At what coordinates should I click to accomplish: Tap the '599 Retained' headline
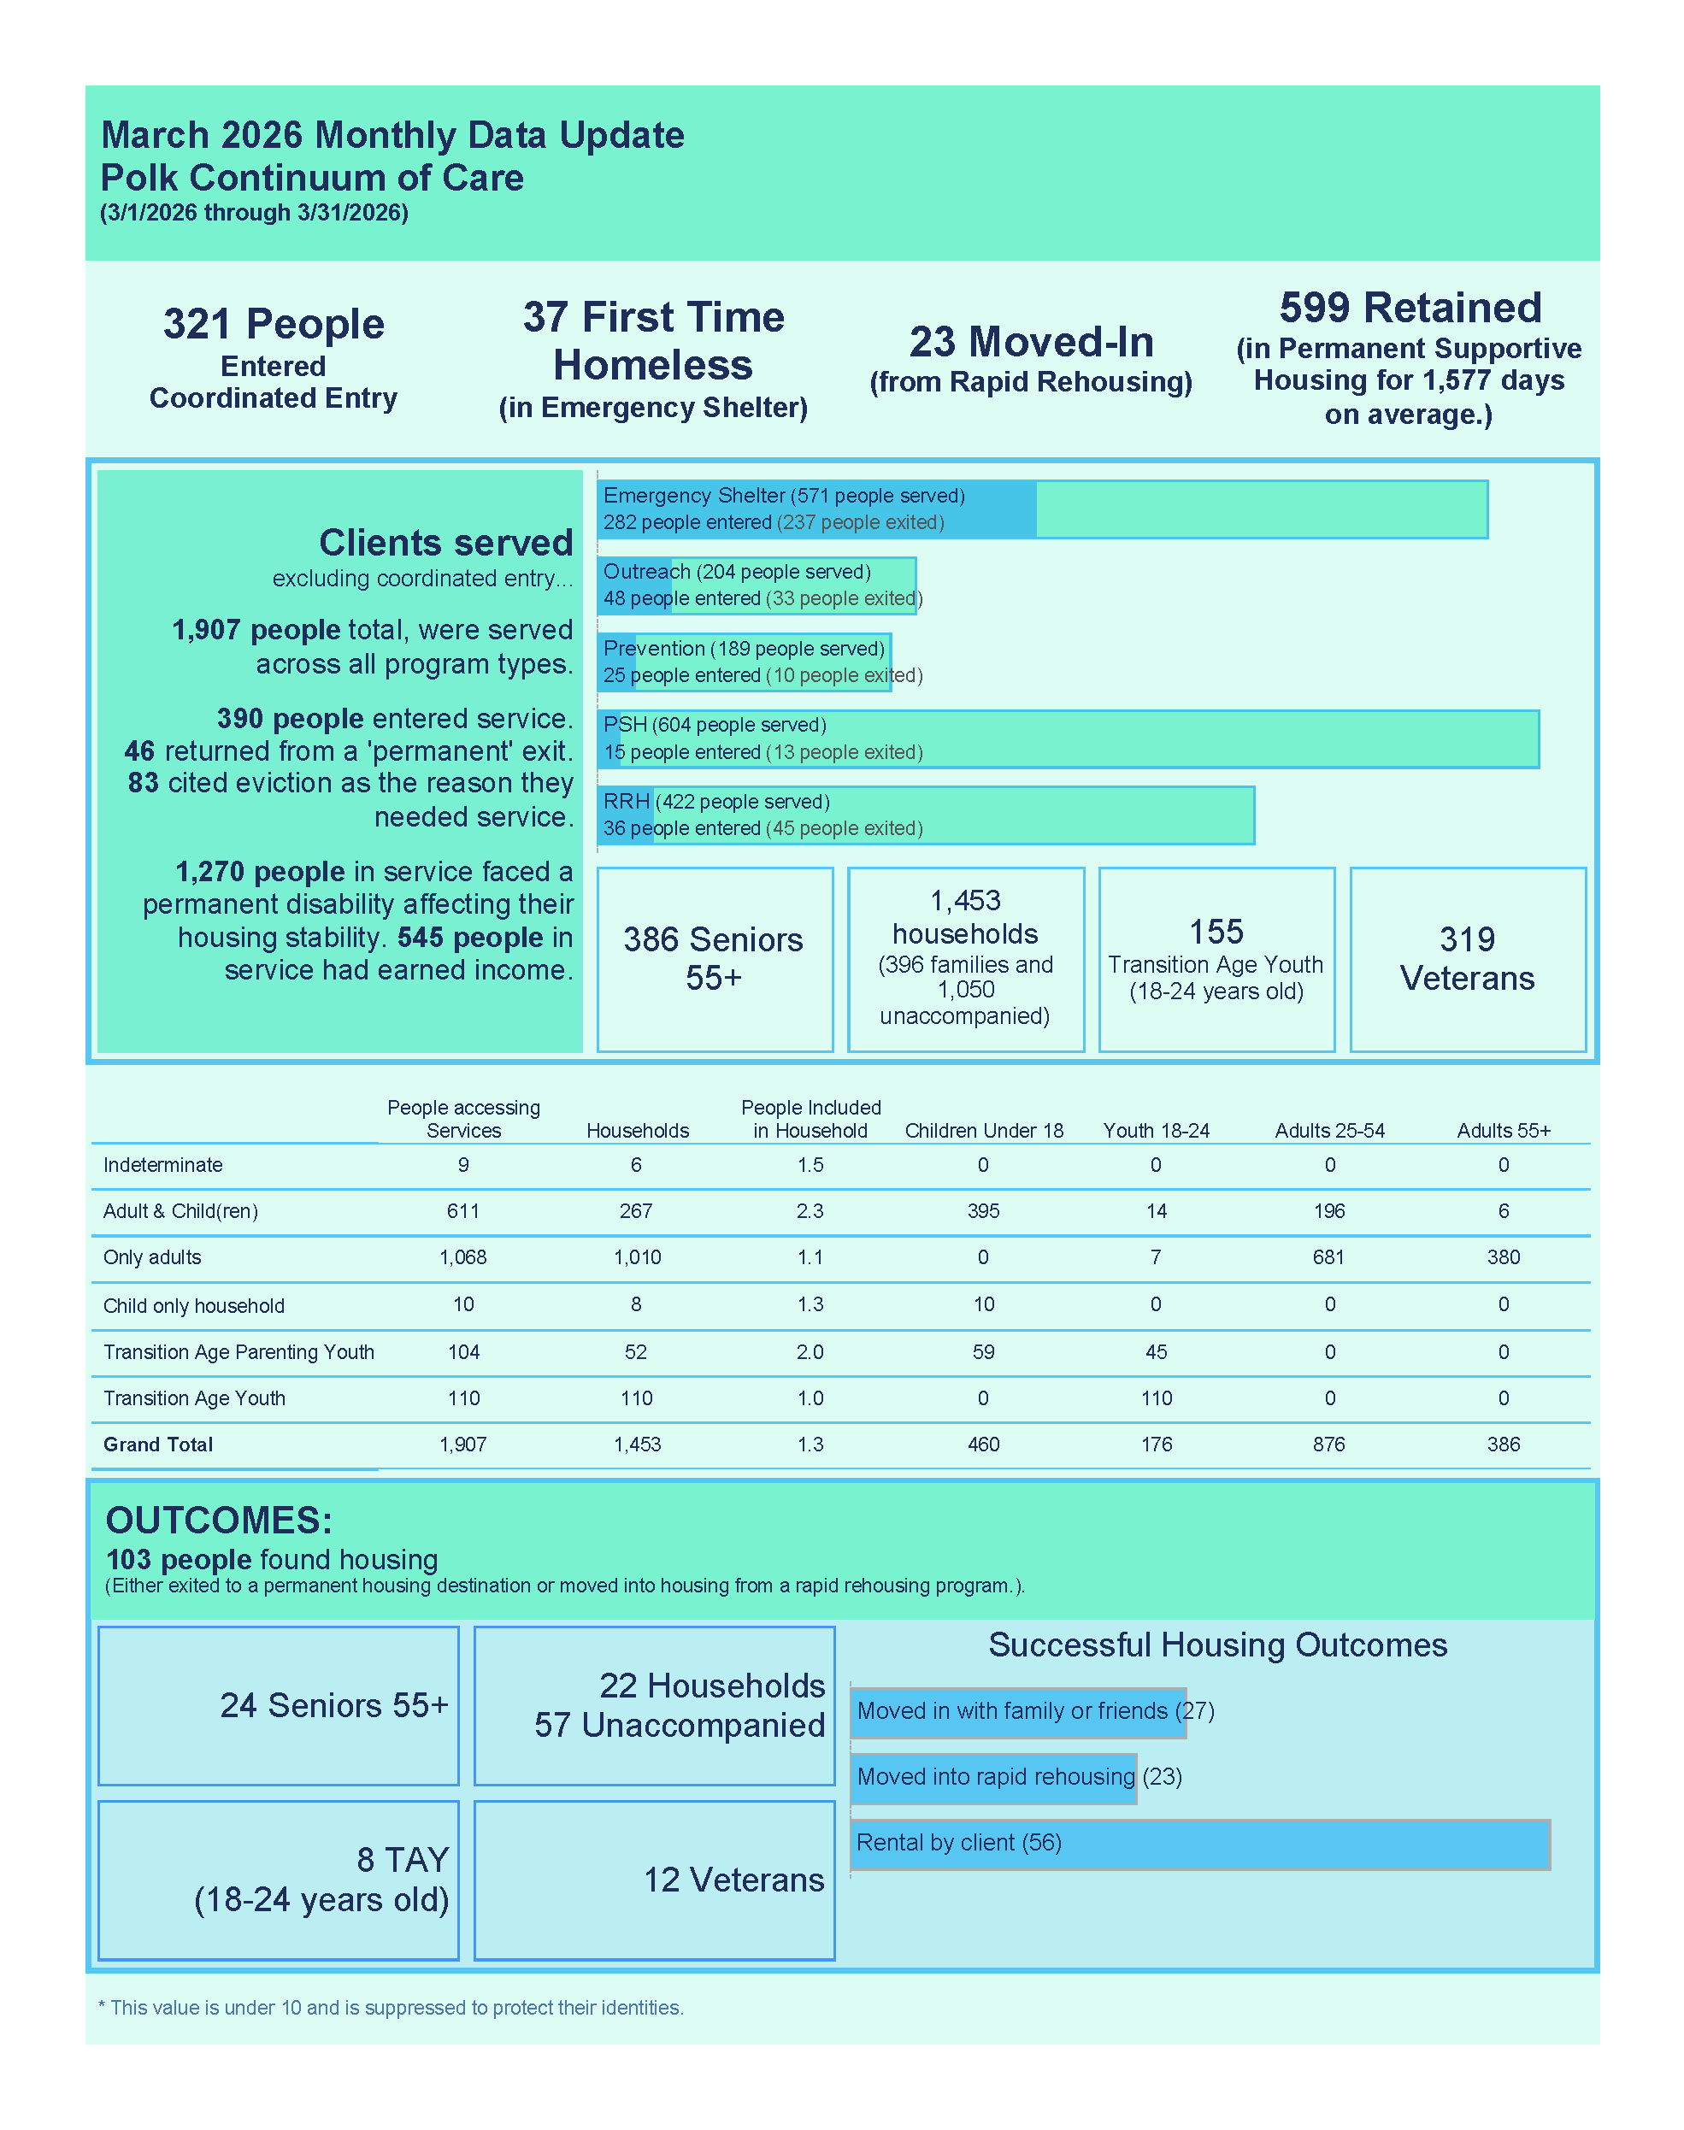click(1409, 308)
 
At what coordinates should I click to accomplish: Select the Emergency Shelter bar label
click(784, 496)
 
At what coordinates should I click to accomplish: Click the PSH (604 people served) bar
click(1067, 738)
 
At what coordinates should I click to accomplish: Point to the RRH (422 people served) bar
click(925, 815)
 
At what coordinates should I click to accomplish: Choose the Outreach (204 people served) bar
click(757, 585)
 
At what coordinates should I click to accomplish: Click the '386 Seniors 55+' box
click(714, 958)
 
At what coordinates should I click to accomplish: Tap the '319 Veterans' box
click(1466, 958)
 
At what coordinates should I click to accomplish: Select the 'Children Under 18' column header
click(983, 1131)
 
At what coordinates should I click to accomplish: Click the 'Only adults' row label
click(152, 1256)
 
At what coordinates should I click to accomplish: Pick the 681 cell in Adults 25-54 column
click(1328, 1256)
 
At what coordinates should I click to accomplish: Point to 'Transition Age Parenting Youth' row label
click(238, 1351)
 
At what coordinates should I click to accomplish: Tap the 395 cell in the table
click(983, 1210)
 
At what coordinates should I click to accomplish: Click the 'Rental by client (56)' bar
click(1199, 1843)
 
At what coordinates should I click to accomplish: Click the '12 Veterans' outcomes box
click(654, 1880)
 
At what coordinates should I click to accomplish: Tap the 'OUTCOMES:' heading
click(219, 1520)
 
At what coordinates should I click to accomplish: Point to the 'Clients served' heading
click(445, 543)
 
